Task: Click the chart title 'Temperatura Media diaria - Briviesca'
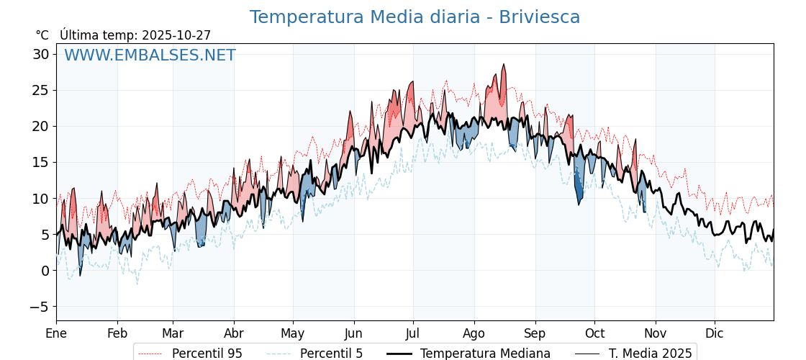(x=415, y=17)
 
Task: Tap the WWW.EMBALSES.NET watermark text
(x=150, y=55)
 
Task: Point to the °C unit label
(x=42, y=35)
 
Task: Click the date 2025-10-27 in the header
(x=176, y=35)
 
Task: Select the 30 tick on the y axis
(x=40, y=54)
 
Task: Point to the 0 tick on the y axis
(x=45, y=271)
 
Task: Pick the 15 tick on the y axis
(x=40, y=163)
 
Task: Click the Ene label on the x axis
(x=56, y=333)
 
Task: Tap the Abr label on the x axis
(x=234, y=333)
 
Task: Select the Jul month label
(x=413, y=333)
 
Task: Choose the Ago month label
(x=474, y=333)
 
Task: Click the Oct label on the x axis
(x=594, y=333)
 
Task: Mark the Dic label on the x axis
(x=715, y=333)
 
